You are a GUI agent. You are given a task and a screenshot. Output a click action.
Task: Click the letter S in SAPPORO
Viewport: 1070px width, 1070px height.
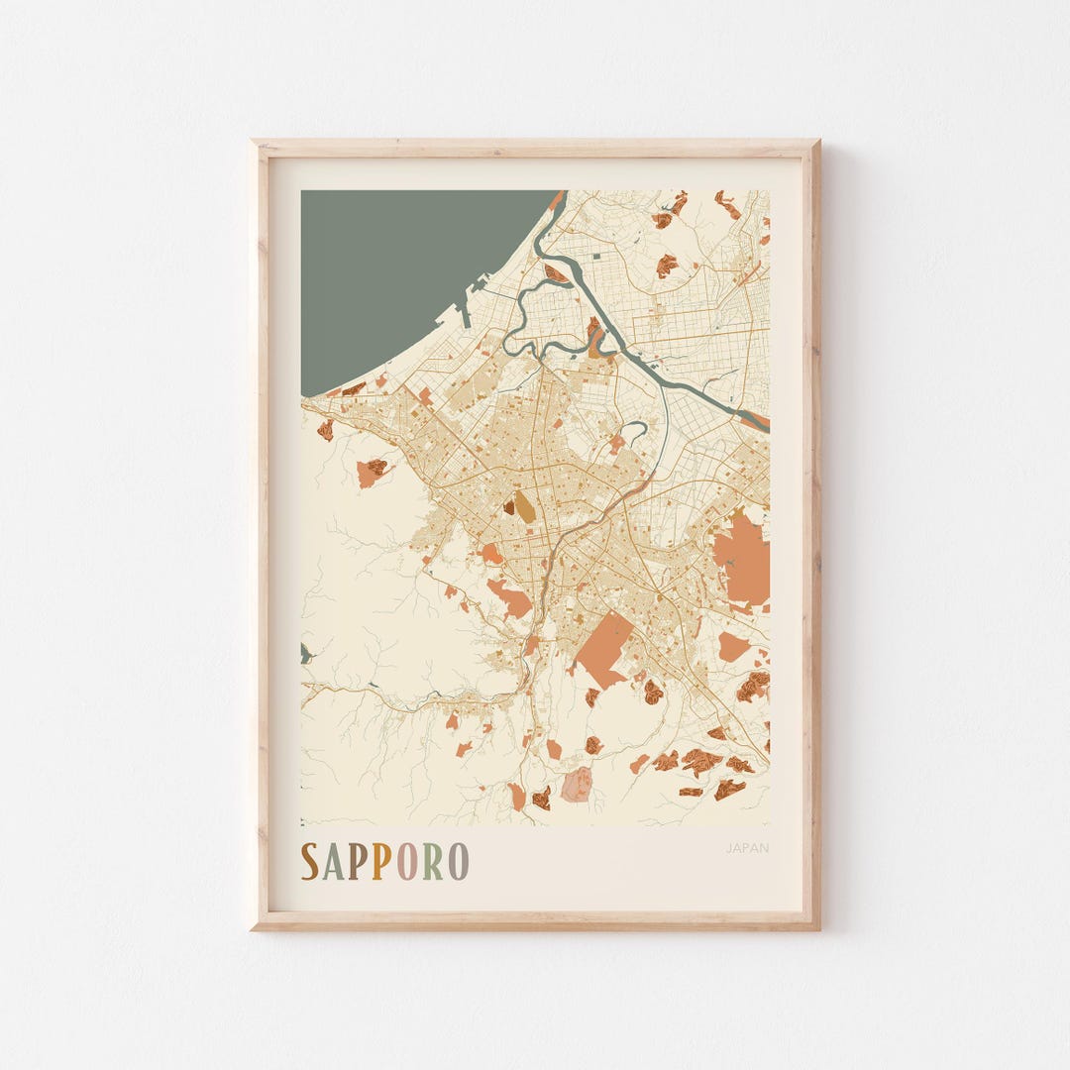tap(310, 862)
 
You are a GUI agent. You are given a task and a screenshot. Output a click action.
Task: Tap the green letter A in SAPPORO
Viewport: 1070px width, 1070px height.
tap(333, 862)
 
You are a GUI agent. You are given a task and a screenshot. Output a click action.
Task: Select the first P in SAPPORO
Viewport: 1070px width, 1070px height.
tap(357, 862)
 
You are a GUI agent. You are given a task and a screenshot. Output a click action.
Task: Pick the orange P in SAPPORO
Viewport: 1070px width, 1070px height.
tap(381, 862)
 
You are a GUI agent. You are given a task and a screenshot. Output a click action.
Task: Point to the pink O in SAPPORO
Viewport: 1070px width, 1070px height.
tap(407, 862)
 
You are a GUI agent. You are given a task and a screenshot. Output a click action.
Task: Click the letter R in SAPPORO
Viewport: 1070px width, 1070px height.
tap(434, 862)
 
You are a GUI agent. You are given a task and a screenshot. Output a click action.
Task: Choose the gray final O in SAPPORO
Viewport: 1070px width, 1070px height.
tap(458, 862)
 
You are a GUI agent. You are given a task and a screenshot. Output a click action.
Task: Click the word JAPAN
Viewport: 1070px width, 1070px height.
tap(747, 848)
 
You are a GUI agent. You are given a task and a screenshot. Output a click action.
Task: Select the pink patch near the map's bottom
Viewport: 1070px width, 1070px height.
tap(577, 785)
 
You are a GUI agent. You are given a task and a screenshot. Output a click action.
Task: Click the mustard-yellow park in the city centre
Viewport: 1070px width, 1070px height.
tap(524, 506)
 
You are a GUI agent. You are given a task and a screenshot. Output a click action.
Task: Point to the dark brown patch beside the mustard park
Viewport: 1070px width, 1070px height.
tap(509, 506)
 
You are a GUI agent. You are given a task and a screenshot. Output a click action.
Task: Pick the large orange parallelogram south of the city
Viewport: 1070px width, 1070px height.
tap(603, 649)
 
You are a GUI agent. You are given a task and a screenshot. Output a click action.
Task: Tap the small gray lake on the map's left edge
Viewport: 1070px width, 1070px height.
tap(305, 653)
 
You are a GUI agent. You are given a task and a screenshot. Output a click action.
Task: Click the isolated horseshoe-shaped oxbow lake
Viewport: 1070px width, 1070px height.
tap(637, 429)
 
